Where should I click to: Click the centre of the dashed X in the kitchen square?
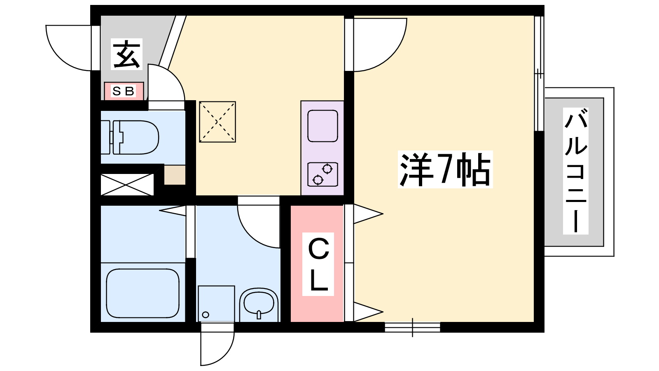coord(217,122)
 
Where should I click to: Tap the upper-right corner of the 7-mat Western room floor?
coord(534,16)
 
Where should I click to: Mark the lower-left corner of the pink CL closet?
coord(291,322)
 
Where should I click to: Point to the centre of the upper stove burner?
coord(327,169)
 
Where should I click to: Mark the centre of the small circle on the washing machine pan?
coord(206,315)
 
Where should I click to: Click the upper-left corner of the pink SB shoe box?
coord(105,82)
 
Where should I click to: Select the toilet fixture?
coord(130,137)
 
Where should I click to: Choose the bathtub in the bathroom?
coord(143,293)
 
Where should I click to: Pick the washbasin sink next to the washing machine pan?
coord(259,305)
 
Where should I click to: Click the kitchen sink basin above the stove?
coord(322,126)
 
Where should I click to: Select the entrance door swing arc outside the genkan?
coord(68,48)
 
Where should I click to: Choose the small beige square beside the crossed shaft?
coord(175,175)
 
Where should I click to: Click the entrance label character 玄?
coord(126,54)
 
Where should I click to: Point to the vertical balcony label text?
coord(576,171)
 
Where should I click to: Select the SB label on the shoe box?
coord(124,91)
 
